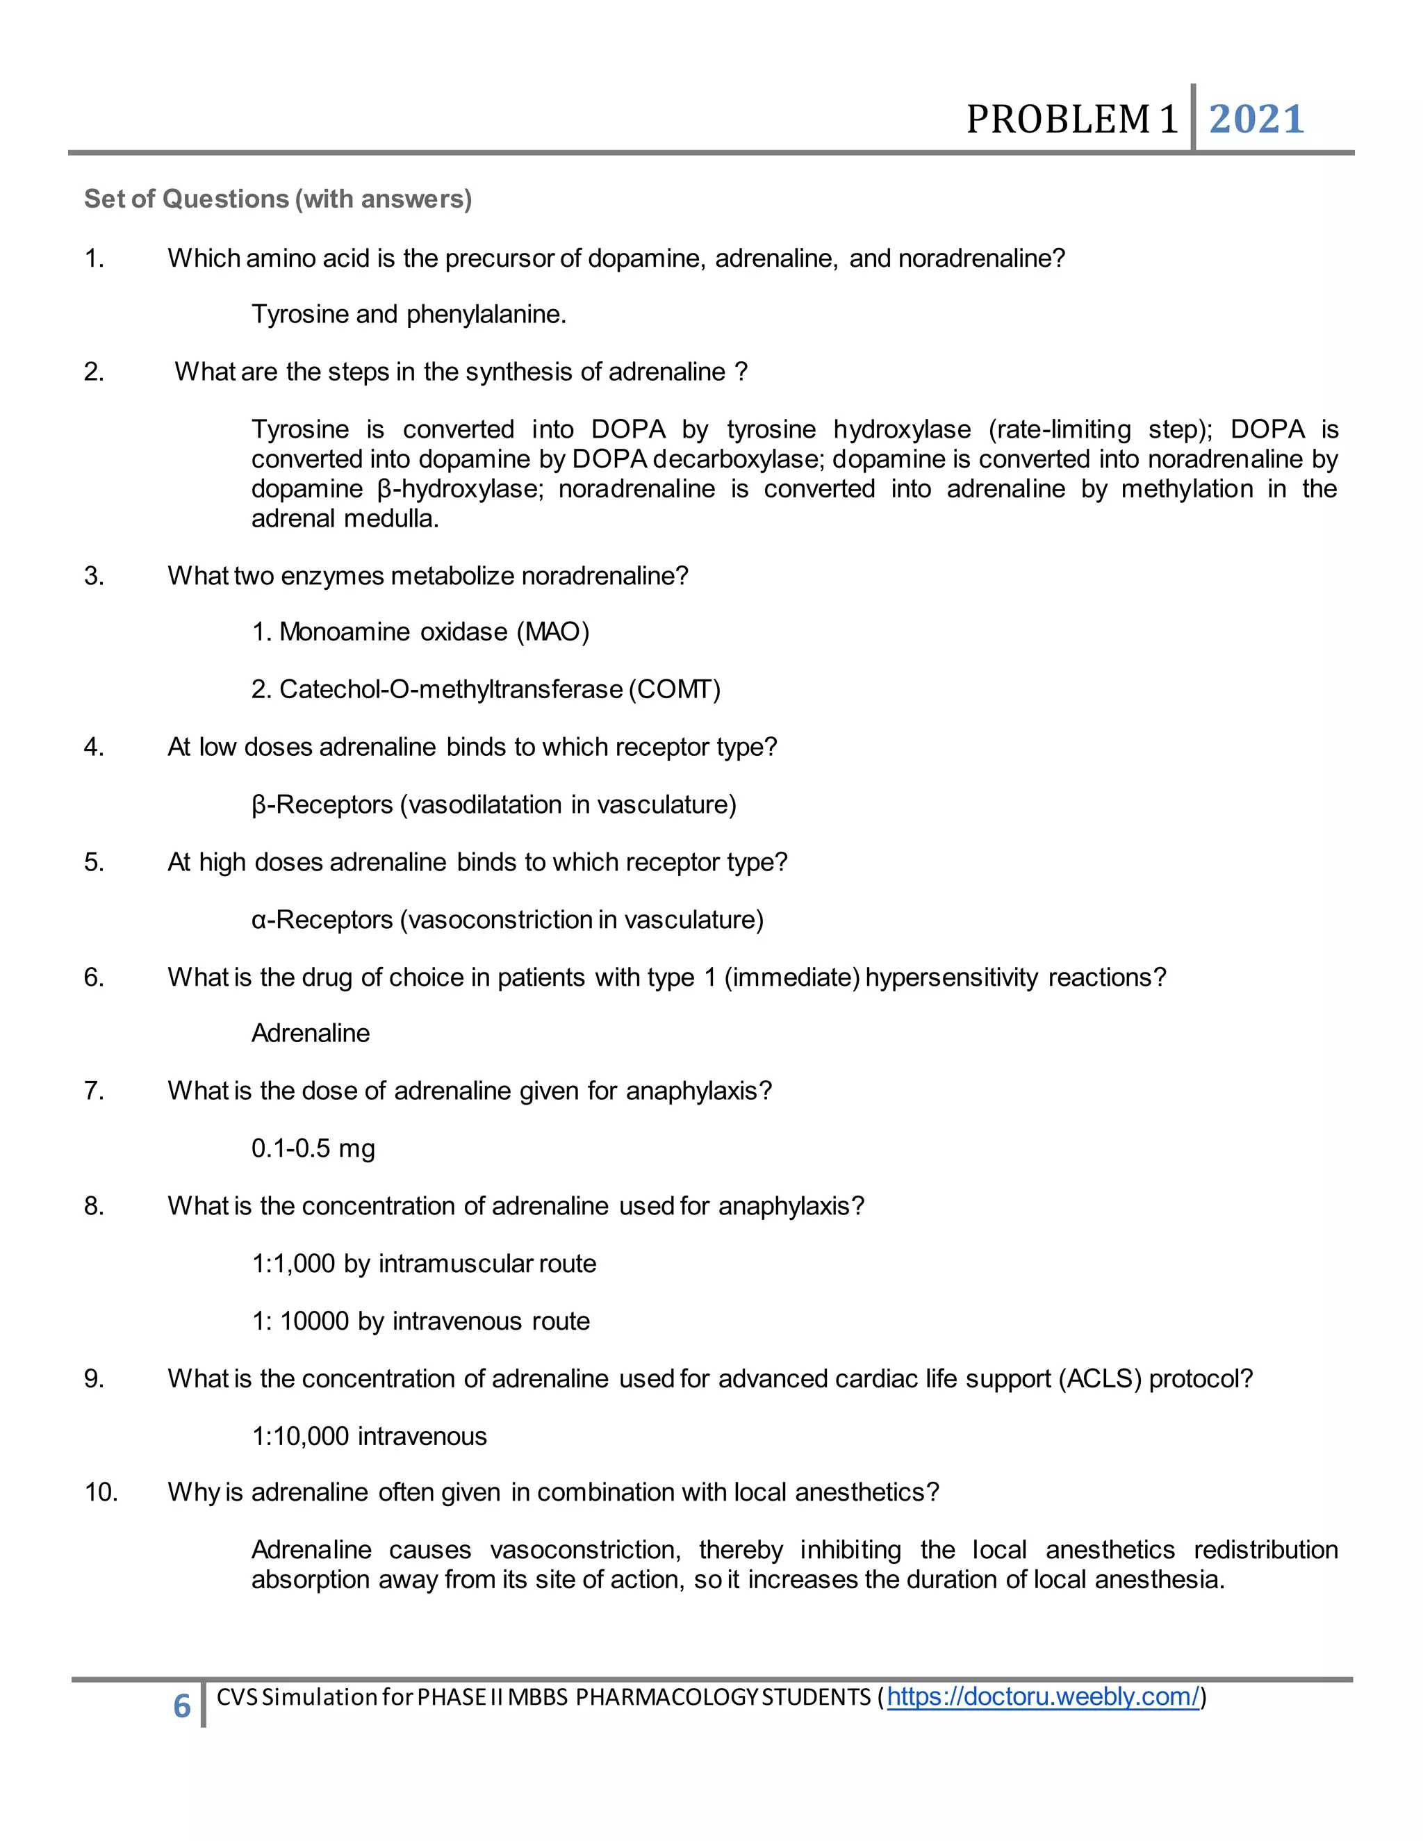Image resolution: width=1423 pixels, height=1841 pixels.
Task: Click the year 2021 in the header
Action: pos(1256,119)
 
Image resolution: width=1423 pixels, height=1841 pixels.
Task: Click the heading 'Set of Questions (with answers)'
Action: pos(277,199)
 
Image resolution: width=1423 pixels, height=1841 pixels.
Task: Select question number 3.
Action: pos(94,576)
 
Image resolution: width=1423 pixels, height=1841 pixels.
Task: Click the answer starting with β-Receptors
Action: pos(493,804)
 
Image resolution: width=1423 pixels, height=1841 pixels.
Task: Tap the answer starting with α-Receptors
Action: pos(507,920)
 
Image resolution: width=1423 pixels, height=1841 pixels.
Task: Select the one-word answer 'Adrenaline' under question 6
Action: pos(310,1034)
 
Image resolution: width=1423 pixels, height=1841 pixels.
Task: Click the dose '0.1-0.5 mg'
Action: pos(313,1148)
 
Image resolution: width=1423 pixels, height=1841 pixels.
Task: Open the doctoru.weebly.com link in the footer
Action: pos(1043,1697)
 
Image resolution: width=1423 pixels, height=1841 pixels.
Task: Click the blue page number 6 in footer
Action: pos(182,1706)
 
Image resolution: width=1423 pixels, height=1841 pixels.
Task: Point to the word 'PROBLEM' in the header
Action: pos(1059,119)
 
